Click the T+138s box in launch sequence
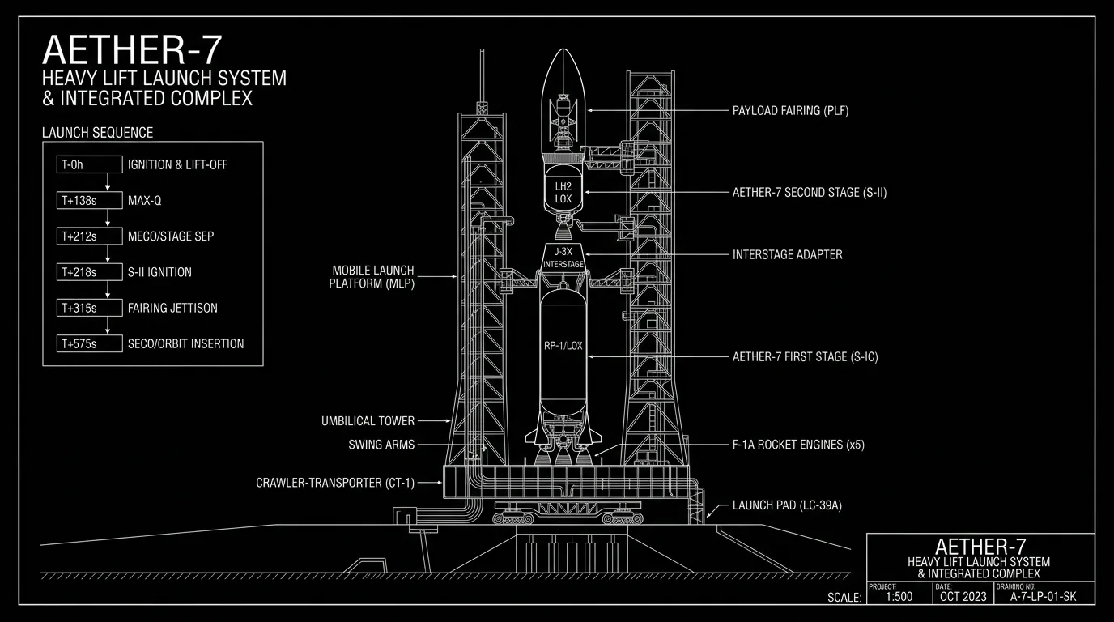[x=90, y=201]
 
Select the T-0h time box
[x=90, y=164]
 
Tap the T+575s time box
[x=90, y=344]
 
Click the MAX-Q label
[x=145, y=201]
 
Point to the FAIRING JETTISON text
[x=172, y=308]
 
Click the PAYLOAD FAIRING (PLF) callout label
[x=790, y=110]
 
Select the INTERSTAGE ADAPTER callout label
[x=787, y=255]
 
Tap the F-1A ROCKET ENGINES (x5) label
[x=798, y=445]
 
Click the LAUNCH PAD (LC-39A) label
[x=787, y=505]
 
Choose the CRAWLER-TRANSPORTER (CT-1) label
[x=335, y=483]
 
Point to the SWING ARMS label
[x=381, y=445]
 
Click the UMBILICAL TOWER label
[x=368, y=421]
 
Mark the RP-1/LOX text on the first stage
[x=563, y=346]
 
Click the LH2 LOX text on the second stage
[x=563, y=193]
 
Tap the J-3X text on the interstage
[x=563, y=252]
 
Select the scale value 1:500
[x=899, y=597]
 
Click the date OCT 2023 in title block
[x=963, y=597]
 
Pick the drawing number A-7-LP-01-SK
[x=1043, y=597]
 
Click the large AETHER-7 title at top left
[x=132, y=50]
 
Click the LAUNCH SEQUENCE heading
[x=97, y=132]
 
